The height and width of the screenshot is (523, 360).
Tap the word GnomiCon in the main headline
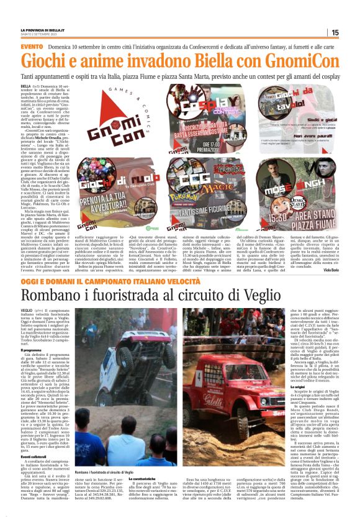284,61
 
